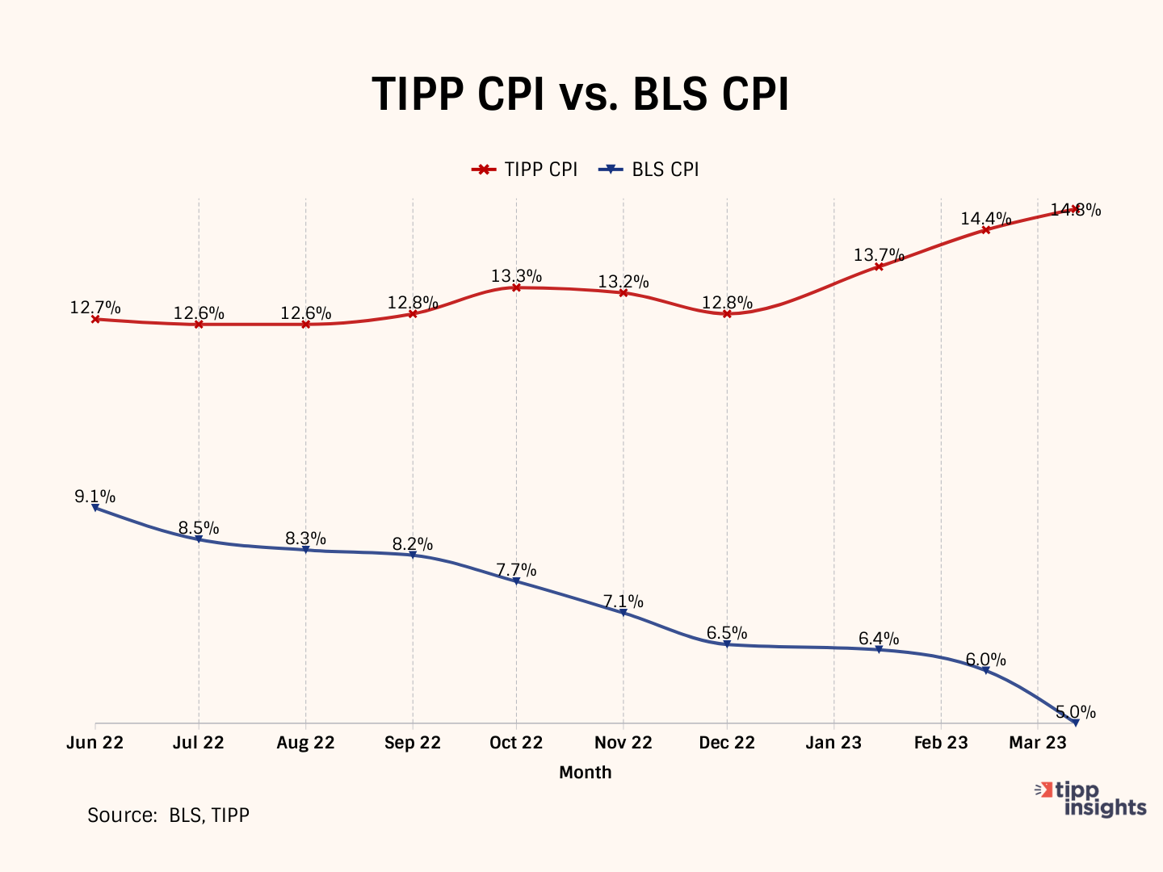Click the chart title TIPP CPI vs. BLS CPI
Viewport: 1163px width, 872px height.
tap(580, 95)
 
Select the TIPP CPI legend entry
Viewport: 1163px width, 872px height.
tap(526, 170)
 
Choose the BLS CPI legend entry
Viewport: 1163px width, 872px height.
tap(649, 170)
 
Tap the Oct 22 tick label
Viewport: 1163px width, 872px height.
tap(516, 743)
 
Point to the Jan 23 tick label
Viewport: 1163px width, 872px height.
tap(833, 743)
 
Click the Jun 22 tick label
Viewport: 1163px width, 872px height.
tap(95, 743)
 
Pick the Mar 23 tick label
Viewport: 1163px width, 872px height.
tap(1038, 743)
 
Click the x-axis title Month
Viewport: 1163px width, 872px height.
tap(586, 773)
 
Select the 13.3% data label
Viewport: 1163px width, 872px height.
tap(516, 277)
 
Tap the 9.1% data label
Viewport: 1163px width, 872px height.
tap(95, 497)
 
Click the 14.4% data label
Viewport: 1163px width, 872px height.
tap(985, 219)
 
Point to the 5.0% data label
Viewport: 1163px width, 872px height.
tap(1076, 712)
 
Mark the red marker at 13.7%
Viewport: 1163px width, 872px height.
tap(879, 266)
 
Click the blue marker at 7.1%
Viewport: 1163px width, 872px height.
tap(623, 613)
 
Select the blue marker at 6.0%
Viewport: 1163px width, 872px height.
tap(986, 670)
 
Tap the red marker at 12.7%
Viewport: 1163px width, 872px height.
tap(95, 319)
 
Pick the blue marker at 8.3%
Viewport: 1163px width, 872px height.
tap(305, 550)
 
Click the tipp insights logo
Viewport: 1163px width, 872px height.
tap(1091, 799)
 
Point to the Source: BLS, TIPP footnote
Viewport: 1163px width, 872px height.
tap(168, 815)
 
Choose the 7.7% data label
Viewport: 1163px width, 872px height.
tap(516, 570)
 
